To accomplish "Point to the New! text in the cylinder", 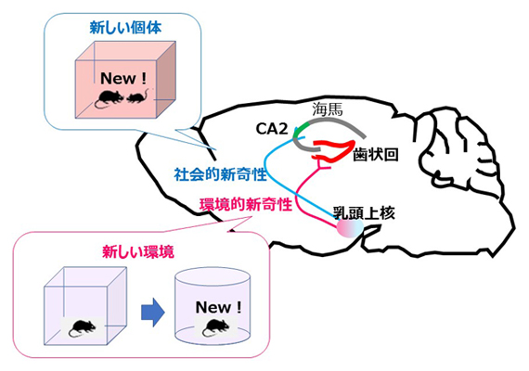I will [219, 306].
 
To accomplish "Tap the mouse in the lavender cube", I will [84, 326].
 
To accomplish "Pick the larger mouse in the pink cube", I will [110, 97].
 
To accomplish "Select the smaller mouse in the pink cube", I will [136, 96].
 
